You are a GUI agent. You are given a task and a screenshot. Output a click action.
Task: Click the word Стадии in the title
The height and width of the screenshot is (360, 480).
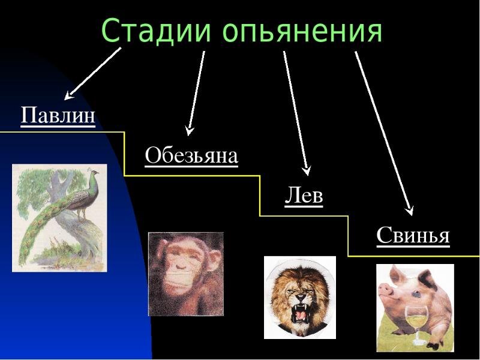point(156,30)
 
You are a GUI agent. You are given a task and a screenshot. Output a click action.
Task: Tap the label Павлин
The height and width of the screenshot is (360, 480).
point(58,115)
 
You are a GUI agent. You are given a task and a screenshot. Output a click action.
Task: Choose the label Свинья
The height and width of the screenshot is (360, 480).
point(413,235)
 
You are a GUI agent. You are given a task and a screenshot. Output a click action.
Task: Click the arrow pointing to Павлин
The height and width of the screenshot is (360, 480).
point(93,73)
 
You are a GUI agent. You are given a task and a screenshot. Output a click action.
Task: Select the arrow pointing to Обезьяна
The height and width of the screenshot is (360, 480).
point(196,93)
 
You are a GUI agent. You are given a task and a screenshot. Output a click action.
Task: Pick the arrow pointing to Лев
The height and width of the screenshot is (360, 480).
point(296,113)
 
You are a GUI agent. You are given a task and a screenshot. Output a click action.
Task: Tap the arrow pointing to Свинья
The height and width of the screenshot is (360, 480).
point(384,133)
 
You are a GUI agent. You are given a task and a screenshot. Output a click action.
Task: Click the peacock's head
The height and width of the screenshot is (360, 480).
point(93,172)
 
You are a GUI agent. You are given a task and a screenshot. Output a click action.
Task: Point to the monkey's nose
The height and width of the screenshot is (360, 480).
point(181,266)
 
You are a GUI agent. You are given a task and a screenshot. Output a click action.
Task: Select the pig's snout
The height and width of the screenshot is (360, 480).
point(384,289)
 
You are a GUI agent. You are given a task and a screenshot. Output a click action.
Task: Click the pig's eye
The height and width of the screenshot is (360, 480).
point(415,294)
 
